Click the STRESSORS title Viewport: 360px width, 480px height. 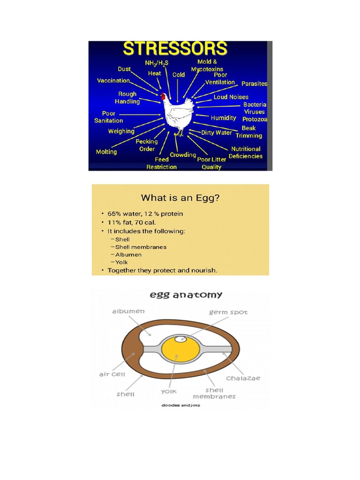coord(175,50)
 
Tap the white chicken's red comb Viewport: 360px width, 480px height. coord(163,96)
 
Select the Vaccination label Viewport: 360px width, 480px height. coord(113,81)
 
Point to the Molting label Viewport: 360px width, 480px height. coord(106,152)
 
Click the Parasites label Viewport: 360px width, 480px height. coord(254,84)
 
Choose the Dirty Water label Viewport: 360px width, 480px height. coord(217,133)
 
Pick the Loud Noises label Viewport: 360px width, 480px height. coord(231,97)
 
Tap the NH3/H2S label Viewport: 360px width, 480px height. coord(157,62)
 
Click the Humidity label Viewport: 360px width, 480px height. coord(223,118)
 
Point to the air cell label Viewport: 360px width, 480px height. coord(111,374)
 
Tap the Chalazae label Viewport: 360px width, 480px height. coord(243,378)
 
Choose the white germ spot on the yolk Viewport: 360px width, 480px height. coord(180,339)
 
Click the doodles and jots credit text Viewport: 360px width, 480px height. coord(180,405)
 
